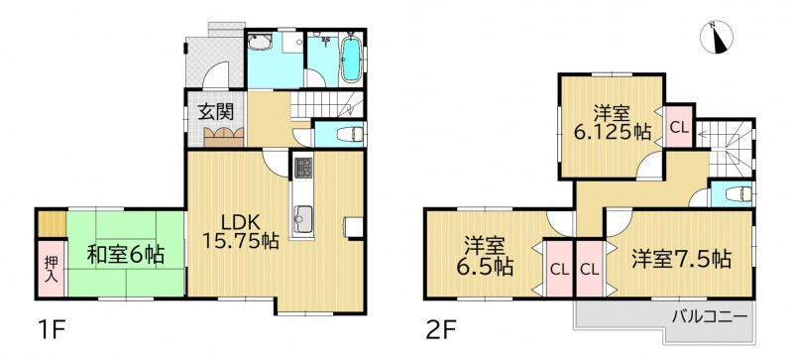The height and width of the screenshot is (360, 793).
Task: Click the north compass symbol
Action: click(717, 37)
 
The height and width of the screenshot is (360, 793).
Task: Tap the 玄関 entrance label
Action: click(216, 112)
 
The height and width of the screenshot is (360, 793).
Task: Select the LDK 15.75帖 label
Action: click(240, 231)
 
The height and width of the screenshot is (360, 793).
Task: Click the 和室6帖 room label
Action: click(126, 255)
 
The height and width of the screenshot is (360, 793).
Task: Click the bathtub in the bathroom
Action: click(351, 60)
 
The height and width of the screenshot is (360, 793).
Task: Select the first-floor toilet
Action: click(350, 134)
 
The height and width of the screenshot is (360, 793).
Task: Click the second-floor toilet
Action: click(738, 194)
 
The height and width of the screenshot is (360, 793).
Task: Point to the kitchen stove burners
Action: click(303, 168)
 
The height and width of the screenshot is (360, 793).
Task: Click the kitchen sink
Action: click(303, 219)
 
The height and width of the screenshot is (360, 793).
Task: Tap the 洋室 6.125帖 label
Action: click(612, 122)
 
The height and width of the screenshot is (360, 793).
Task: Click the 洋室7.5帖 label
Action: click(680, 260)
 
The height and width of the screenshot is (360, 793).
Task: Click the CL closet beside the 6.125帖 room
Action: click(679, 127)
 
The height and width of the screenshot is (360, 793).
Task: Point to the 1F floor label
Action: click(52, 331)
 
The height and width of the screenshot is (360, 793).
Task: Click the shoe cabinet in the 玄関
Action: click(224, 137)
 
